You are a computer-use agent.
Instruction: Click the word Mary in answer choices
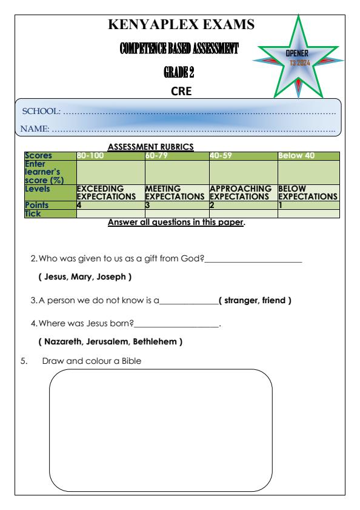click(84, 277)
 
